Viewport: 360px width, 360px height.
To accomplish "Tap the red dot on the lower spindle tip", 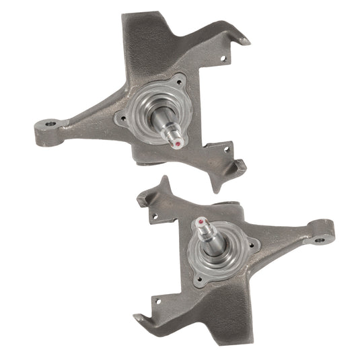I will click(x=201, y=221).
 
